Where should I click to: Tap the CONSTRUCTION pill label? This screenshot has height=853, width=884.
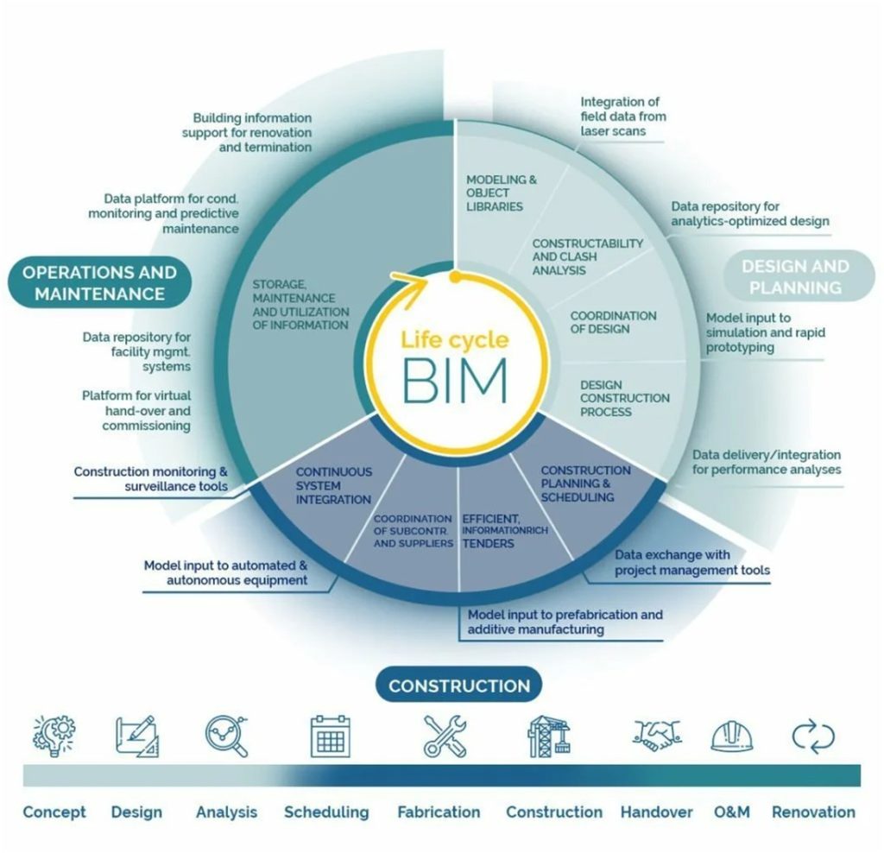pyautogui.click(x=458, y=686)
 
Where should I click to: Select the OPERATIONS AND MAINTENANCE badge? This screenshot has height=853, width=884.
pyautogui.click(x=99, y=283)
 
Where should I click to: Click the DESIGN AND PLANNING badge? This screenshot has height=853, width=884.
pyautogui.click(x=795, y=276)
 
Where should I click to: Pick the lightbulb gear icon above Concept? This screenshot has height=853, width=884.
pyautogui.click(x=54, y=736)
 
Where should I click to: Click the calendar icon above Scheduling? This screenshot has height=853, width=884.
pyautogui.click(x=330, y=736)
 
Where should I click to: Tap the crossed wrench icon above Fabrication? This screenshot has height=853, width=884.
pyautogui.click(x=445, y=736)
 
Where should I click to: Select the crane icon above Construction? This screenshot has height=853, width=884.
pyautogui.click(x=549, y=736)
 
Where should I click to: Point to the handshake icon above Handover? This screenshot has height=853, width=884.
pyautogui.click(x=655, y=735)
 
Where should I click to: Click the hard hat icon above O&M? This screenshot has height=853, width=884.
pyautogui.click(x=731, y=736)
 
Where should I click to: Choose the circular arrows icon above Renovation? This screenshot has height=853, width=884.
pyautogui.click(x=813, y=736)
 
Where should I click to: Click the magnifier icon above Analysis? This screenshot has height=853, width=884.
pyautogui.click(x=227, y=736)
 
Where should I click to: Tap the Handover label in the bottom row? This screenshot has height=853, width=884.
pyautogui.click(x=656, y=812)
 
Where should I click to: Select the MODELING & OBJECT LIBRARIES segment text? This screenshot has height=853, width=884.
pyautogui.click(x=501, y=193)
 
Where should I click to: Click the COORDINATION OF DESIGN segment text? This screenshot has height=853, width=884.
pyautogui.click(x=613, y=322)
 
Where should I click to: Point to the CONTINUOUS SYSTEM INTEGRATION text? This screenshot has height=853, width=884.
pyautogui.click(x=334, y=485)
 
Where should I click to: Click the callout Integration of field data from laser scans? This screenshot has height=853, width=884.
pyautogui.click(x=622, y=117)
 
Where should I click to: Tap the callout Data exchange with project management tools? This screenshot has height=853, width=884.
pyautogui.click(x=691, y=562)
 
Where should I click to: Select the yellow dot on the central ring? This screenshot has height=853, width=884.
pyautogui.click(x=454, y=277)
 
